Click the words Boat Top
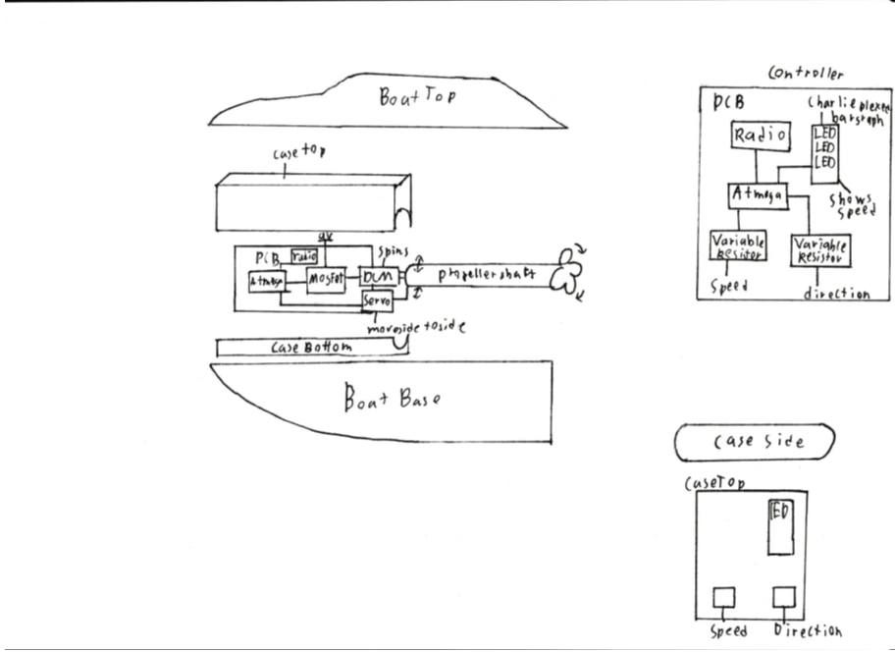pyautogui.click(x=417, y=98)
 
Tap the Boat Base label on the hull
pyautogui.click(x=392, y=400)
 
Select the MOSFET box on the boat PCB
pyautogui.click(x=326, y=280)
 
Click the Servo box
pyautogui.click(x=376, y=301)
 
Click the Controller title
pyautogui.click(x=805, y=73)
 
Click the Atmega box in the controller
pyautogui.click(x=758, y=195)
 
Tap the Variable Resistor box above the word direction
pyautogui.click(x=819, y=248)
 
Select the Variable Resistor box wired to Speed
pyautogui.click(x=738, y=245)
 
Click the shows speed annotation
pyautogui.click(x=852, y=204)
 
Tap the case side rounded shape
pyautogui.click(x=754, y=442)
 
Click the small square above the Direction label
pyautogui.click(x=782, y=597)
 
